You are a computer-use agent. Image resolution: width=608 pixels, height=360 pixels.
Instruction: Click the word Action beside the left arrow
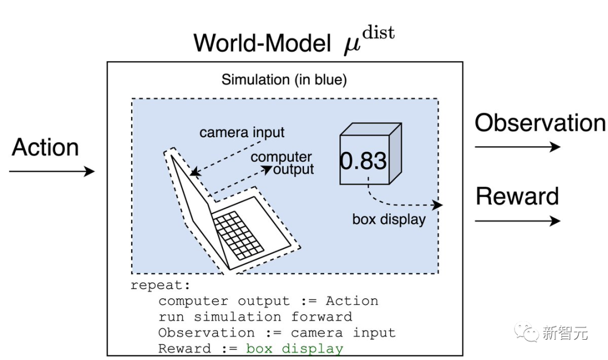pyautogui.click(x=45, y=147)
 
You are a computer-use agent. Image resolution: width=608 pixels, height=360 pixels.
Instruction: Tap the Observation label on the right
pyautogui.click(x=540, y=123)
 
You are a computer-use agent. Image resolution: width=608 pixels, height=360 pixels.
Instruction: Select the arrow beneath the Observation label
pyautogui.click(x=517, y=147)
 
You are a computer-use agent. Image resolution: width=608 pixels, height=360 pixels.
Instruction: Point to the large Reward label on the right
pyautogui.click(x=517, y=196)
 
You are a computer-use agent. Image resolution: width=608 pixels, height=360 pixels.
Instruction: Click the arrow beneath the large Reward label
pyautogui.click(x=517, y=220)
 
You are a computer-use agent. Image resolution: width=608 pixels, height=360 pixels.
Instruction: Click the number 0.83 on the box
pyautogui.click(x=363, y=161)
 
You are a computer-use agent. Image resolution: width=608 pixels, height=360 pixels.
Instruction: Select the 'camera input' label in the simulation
pyautogui.click(x=242, y=133)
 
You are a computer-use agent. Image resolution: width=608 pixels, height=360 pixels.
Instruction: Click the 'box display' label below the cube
pyautogui.click(x=388, y=219)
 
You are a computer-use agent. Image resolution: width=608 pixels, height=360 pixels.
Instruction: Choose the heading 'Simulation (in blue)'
pyautogui.click(x=284, y=80)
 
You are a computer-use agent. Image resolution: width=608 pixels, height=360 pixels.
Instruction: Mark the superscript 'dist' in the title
pyautogui.click(x=378, y=32)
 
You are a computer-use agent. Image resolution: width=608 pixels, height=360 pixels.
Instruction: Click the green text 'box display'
pyautogui.click(x=294, y=349)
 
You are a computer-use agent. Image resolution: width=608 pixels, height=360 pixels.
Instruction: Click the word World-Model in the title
pyautogui.click(x=262, y=43)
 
